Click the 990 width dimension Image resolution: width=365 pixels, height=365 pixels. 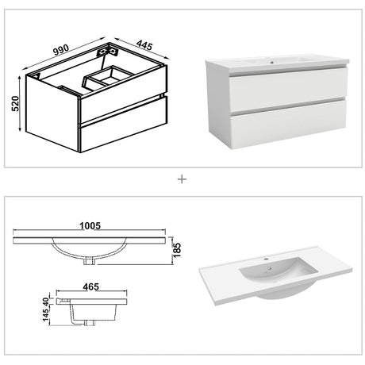pyautogui.click(x=60, y=48)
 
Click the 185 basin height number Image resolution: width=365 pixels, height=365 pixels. pyautogui.click(x=179, y=250)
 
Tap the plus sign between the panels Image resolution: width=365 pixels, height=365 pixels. pyautogui.click(x=182, y=179)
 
